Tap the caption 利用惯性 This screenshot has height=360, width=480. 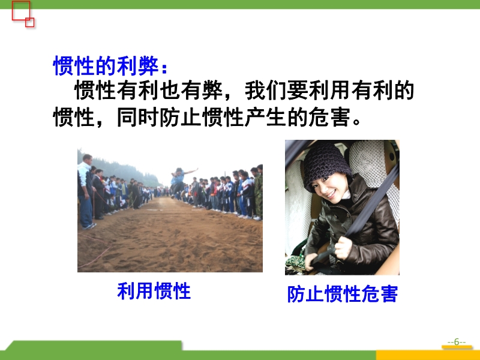(154, 290)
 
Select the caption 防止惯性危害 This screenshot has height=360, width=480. (342, 294)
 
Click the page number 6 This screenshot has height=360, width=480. (457, 341)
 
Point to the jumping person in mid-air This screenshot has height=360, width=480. (181, 182)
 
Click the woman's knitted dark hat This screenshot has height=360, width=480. (326, 166)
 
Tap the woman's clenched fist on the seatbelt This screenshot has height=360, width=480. (343, 247)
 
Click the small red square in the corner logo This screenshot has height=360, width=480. (29, 22)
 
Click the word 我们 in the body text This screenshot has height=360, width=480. (266, 91)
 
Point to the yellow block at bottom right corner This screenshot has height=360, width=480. (428, 355)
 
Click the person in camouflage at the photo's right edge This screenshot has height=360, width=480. (258, 192)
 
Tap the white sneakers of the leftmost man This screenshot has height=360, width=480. (89, 226)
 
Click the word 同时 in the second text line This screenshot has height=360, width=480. (138, 117)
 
